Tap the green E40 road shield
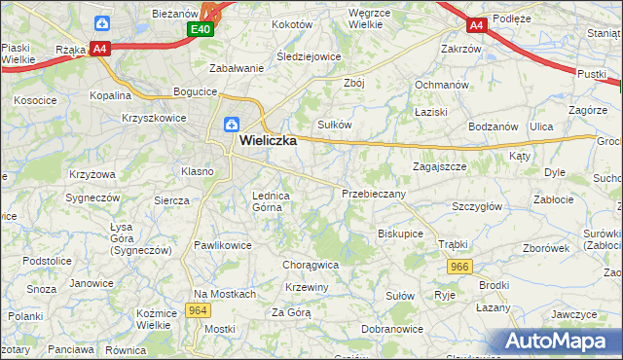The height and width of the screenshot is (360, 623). coord(201,30)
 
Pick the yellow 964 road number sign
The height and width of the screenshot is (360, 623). coord(199,310)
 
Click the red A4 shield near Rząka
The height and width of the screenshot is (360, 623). coord(99,48)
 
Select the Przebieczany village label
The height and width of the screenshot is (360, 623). coord(374,194)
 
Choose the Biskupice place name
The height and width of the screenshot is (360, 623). coord(400,234)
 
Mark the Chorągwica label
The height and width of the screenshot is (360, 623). coord(311,264)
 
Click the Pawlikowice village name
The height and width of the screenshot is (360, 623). coord(223,245)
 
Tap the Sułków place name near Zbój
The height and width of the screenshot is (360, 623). coord(334,125)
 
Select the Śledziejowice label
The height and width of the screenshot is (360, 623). coord(309,56)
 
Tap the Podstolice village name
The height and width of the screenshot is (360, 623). coord(48,261)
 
